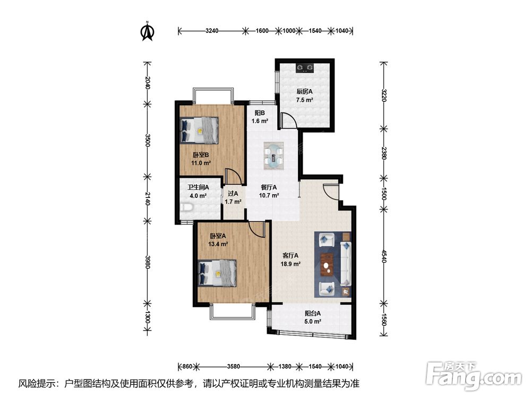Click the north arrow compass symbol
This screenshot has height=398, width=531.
pyautogui.click(x=147, y=31)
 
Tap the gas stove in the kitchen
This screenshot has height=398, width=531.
pyautogui.click(x=304, y=68)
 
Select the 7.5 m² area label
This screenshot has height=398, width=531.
pyautogui.click(x=304, y=100)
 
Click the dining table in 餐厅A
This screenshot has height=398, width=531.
pyautogui.click(x=273, y=155)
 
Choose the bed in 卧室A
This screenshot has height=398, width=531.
pyautogui.click(x=217, y=273)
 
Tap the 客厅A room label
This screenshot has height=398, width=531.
pyautogui.click(x=290, y=256)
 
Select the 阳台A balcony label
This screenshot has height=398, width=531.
pyautogui.click(x=313, y=314)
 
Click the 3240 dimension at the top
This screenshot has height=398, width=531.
pyautogui.click(x=212, y=31)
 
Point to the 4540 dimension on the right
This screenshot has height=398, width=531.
pyautogui.click(x=384, y=256)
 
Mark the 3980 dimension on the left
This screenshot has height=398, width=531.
pyautogui.click(x=147, y=262)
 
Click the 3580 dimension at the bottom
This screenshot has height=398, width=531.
pyautogui.click(x=234, y=366)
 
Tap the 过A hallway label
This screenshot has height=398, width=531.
pyautogui.click(x=233, y=194)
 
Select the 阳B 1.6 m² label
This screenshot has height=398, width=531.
pyautogui.click(x=260, y=117)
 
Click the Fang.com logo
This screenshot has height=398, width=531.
pyautogui.click(x=474, y=375)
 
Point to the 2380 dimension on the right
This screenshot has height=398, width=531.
pyautogui.click(x=384, y=153)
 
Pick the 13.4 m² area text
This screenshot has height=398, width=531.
pyautogui.click(x=218, y=244)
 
